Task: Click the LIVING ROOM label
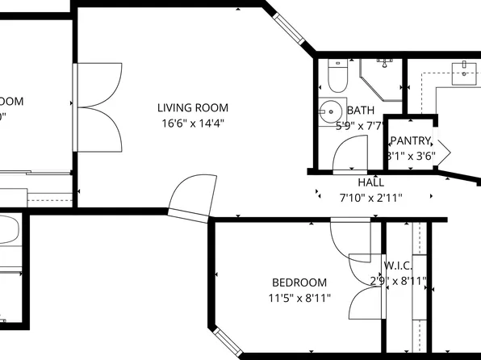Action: tap(192, 107)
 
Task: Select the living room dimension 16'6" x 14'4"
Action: tap(191, 123)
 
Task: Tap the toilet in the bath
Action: tap(337, 76)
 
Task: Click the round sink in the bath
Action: tap(329, 110)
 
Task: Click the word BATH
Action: tap(360, 111)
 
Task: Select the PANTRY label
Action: tap(412, 141)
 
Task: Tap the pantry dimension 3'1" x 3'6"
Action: tap(411, 156)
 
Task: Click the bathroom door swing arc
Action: tap(350, 153)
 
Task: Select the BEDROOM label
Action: tap(299, 283)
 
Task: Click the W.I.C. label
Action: tap(399, 266)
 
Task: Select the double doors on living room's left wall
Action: tap(98, 103)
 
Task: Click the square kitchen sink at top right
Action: tap(466, 73)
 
